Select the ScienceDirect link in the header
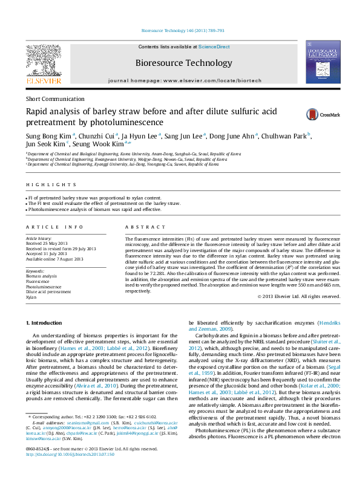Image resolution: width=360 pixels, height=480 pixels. (214, 47)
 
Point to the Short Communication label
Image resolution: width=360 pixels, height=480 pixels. (54, 99)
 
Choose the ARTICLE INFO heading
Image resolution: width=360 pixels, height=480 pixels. (54, 227)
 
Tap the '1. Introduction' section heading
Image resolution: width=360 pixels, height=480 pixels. (44, 325)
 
